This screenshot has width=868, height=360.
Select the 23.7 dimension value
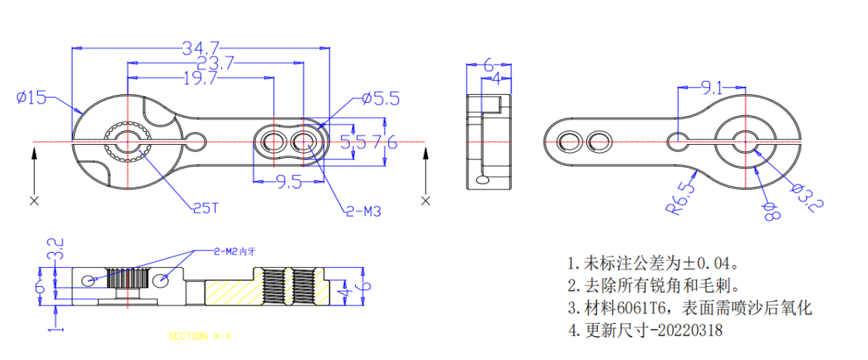point(214,64)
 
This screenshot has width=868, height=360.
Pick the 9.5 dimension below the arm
point(288,183)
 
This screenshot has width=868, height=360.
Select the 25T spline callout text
point(205,208)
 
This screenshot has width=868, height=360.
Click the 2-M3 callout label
point(364,212)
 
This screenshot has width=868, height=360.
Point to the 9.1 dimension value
point(711,88)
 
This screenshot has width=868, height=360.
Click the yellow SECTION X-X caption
point(199,336)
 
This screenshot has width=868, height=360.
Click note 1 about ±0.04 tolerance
point(653,261)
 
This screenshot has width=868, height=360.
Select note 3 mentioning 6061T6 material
point(688,307)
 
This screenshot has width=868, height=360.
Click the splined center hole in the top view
point(128,142)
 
